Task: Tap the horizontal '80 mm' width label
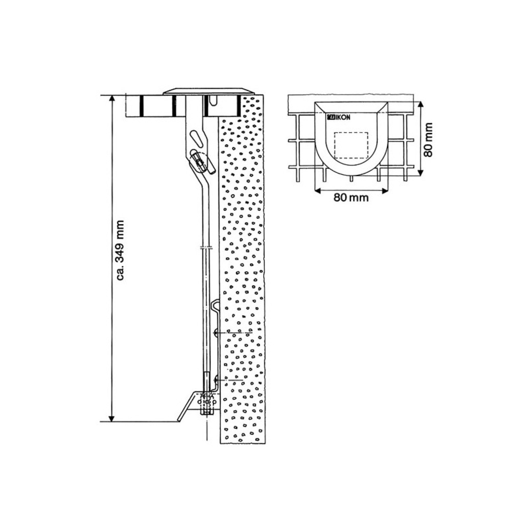click(x=351, y=198)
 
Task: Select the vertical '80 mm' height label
click(x=428, y=139)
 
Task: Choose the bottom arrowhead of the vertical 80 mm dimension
click(x=420, y=172)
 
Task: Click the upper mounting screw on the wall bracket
click(x=217, y=332)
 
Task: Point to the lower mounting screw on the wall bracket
click(x=216, y=380)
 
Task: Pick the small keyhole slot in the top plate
click(x=213, y=100)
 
